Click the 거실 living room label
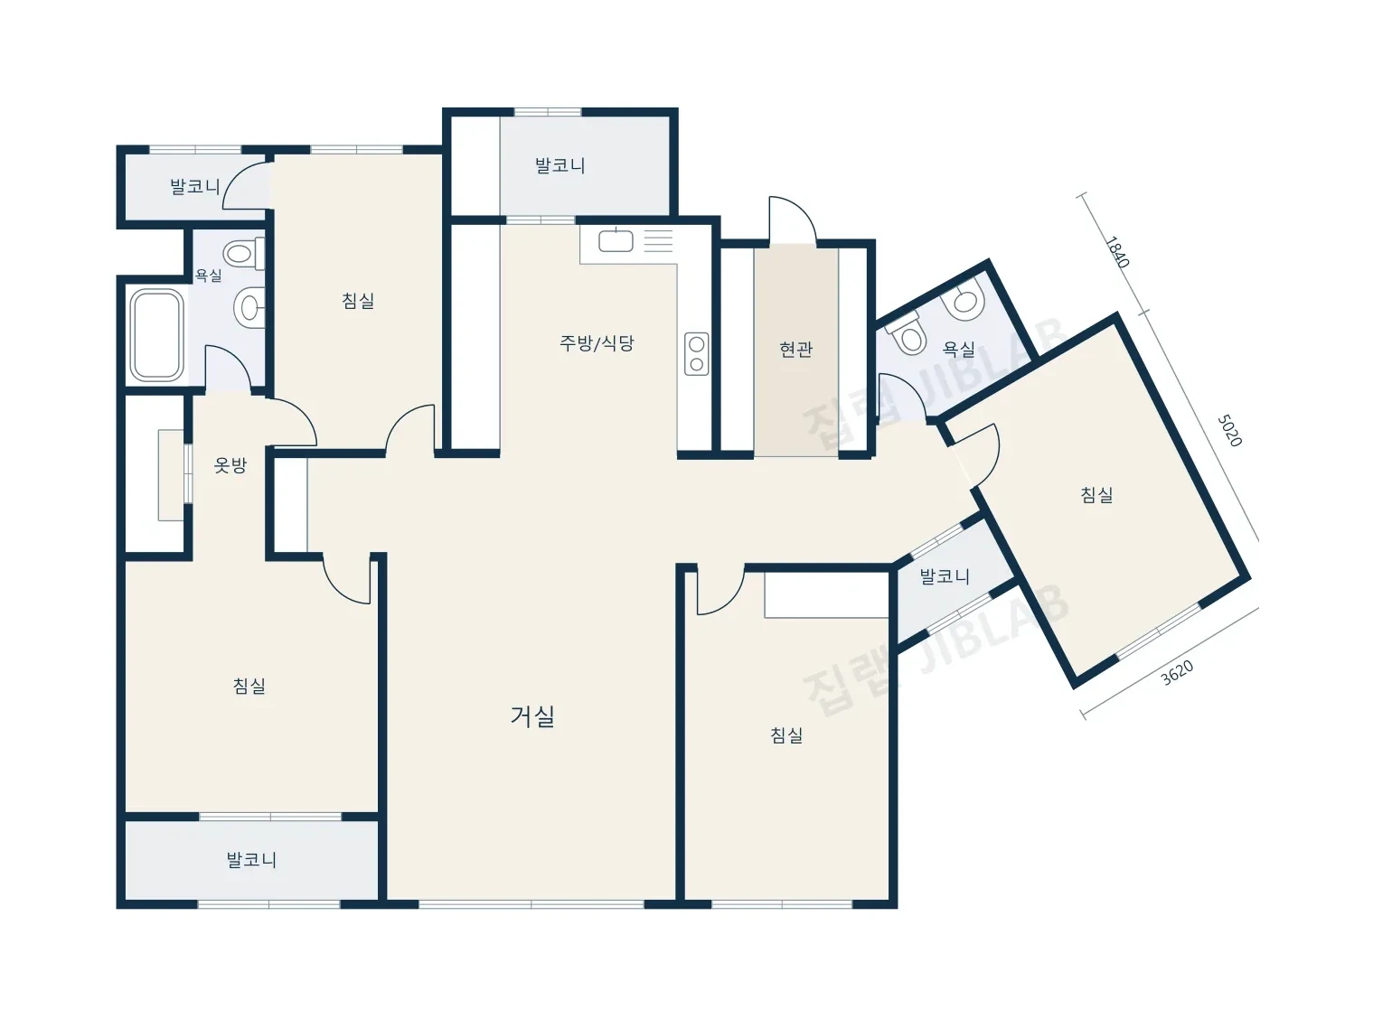(532, 716)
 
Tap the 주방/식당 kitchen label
(597, 342)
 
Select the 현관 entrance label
(796, 350)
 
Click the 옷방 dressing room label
(230, 465)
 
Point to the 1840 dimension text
(1117, 251)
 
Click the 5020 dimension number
(1229, 430)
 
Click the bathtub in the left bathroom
(156, 335)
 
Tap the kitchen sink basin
(616, 241)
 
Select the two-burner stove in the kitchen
(697, 354)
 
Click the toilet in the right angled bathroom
(906, 335)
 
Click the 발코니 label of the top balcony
(560, 166)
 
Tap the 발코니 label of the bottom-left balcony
(251, 860)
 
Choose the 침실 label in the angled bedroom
(1096, 495)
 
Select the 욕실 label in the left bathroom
(208, 276)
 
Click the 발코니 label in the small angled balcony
(945, 577)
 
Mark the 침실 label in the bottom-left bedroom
(249, 687)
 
